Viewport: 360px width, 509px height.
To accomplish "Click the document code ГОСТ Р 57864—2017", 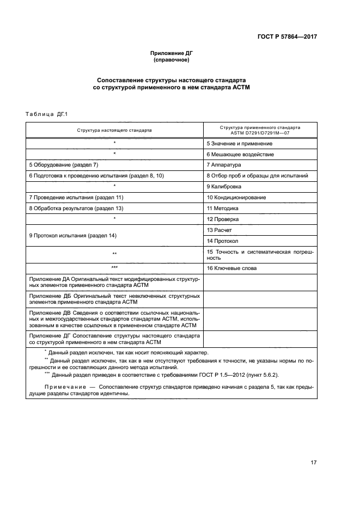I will tap(287, 38).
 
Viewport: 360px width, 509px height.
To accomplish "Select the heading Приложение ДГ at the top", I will tap(172, 53).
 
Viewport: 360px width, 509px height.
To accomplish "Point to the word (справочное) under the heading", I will tap(172, 60).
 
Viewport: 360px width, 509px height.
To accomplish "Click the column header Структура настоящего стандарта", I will tap(114, 131).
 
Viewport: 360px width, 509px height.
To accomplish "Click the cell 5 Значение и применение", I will tap(239, 143).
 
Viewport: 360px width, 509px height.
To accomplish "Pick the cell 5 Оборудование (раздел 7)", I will tap(63, 164).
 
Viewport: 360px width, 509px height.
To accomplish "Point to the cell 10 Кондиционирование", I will tap(236, 197).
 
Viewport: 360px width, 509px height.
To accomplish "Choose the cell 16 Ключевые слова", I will tap(232, 268).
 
